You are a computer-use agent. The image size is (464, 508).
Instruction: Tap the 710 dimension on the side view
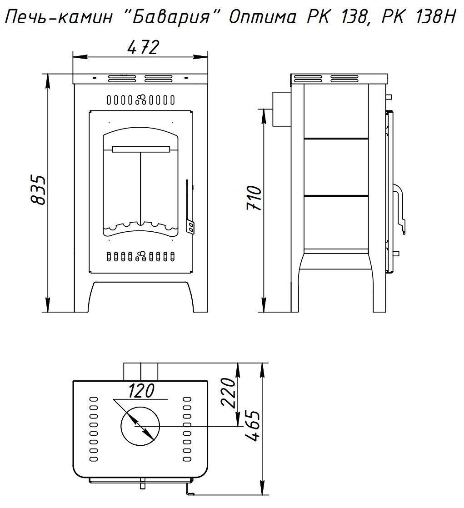click(x=254, y=198)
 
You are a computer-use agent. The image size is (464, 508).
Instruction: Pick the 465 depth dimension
click(x=253, y=426)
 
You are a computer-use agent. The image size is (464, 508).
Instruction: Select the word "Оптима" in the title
click(x=263, y=18)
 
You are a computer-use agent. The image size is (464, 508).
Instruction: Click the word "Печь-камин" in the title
click(x=59, y=18)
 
